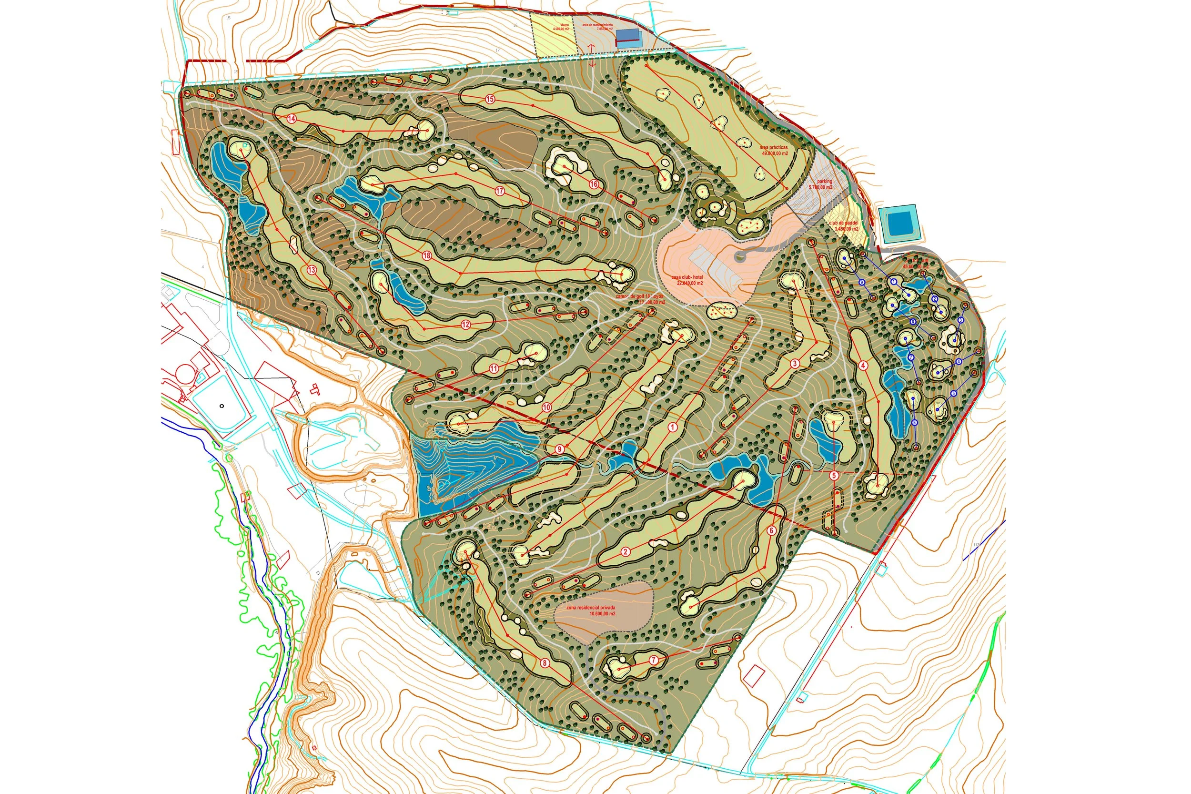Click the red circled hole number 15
tap(489, 99)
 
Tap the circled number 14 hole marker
tap(292, 119)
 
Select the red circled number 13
tap(311, 270)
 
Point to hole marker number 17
tap(501, 191)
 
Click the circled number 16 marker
tap(594, 184)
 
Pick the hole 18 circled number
tap(427, 256)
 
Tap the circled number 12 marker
tap(465, 325)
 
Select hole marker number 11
tap(495, 369)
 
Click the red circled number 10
tap(546, 407)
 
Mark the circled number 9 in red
tap(559, 449)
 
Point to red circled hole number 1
tap(673, 428)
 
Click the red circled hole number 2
tap(626, 552)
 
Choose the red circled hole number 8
tap(545, 662)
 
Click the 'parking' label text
tap(824, 181)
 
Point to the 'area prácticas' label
tap(773, 147)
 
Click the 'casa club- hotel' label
tap(686, 277)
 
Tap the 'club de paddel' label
tap(843, 224)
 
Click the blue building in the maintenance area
tap(627, 34)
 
